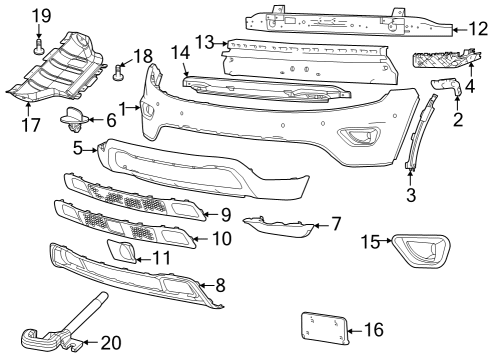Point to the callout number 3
pyautogui.click(x=411, y=196)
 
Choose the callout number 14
pyautogui.click(x=180, y=51)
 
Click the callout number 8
pyautogui.click(x=222, y=286)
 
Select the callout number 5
pyautogui.click(x=78, y=148)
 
